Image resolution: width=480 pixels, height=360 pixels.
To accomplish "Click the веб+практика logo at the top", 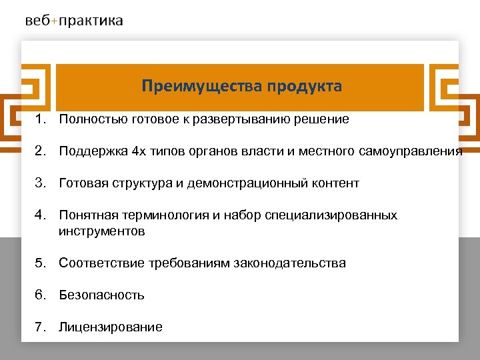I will (74, 21).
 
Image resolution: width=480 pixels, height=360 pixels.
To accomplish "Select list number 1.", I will (41, 119).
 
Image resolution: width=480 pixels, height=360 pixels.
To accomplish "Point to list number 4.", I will (41, 215).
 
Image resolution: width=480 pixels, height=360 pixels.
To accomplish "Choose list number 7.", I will (41, 327).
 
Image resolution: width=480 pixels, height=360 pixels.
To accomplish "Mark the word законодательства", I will (289, 263).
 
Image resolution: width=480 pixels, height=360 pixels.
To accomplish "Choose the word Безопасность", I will (101, 295).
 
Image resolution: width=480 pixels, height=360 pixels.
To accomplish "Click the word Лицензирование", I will (110, 327).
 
